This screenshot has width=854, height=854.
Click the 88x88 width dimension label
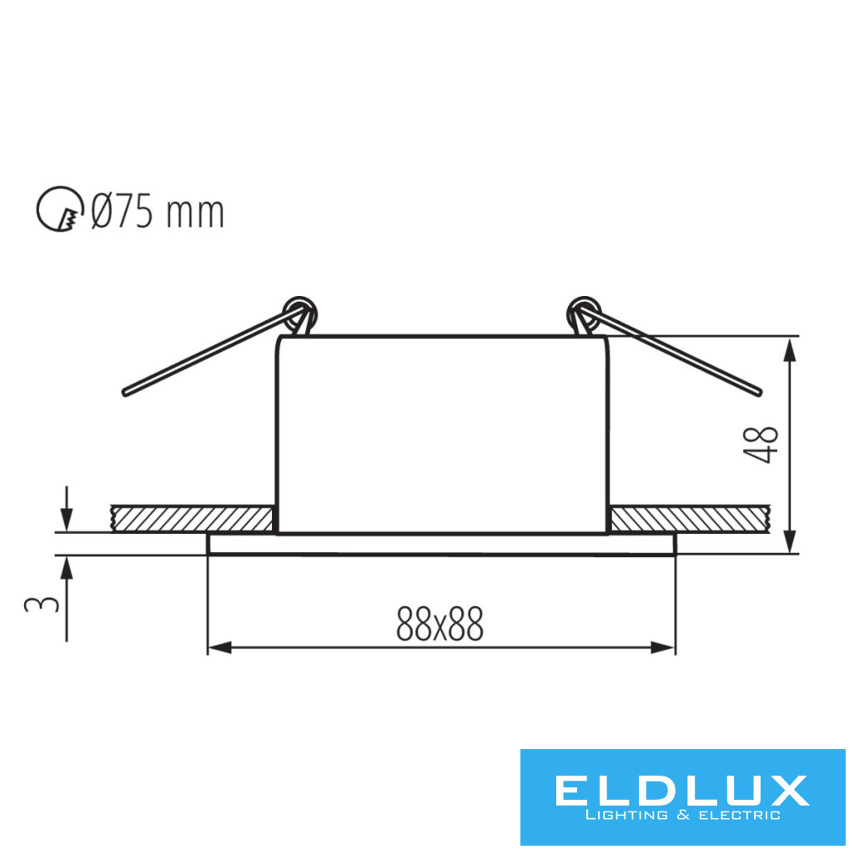click(x=440, y=624)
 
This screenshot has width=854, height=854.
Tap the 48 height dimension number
click(x=761, y=445)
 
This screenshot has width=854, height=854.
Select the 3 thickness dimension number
click(x=42, y=604)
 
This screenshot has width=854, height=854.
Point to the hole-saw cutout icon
click(x=60, y=209)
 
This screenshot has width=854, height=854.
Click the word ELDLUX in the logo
click(x=682, y=791)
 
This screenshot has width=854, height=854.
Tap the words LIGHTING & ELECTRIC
click(x=682, y=816)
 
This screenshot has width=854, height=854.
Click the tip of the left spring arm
click(x=125, y=393)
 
